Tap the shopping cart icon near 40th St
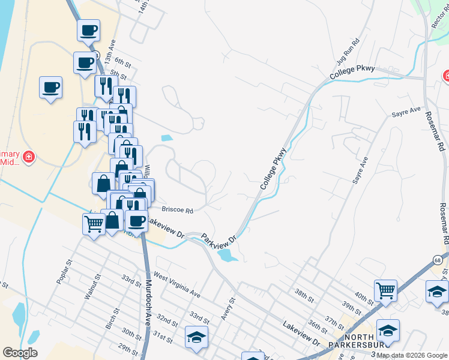(385, 291)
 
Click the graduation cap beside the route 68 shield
(437, 293)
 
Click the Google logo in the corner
(20, 353)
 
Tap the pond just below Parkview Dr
(227, 256)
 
